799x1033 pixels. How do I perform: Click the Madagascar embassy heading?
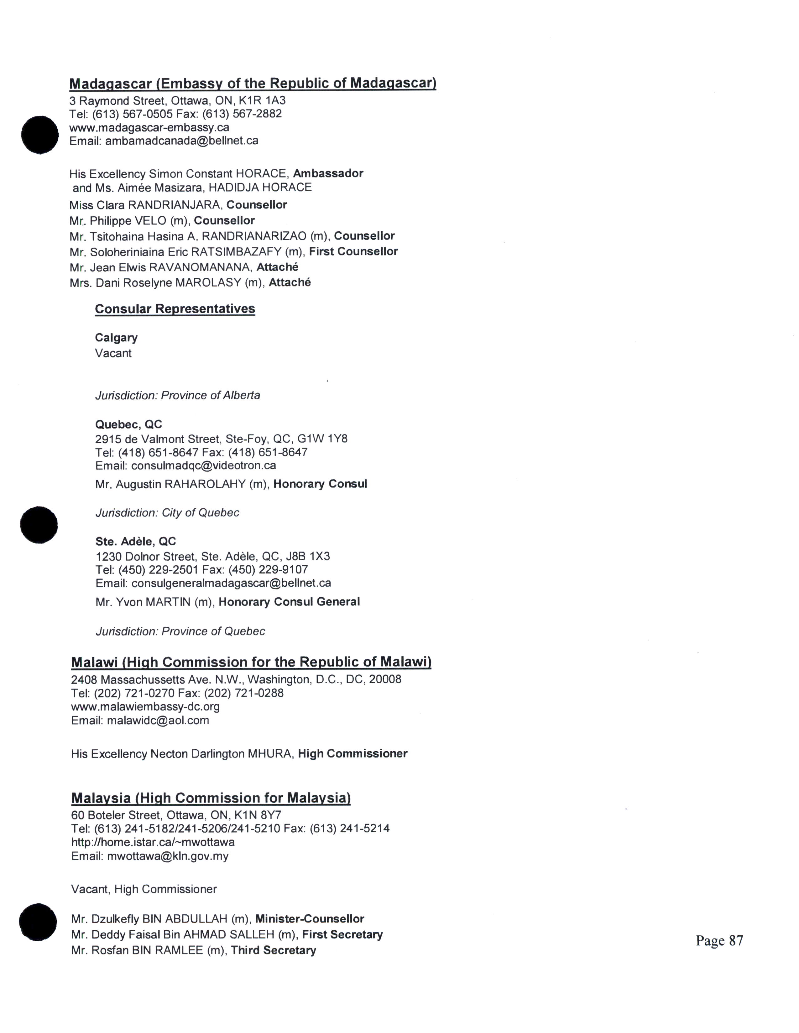[252, 84]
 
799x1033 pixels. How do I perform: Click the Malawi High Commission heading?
[251, 662]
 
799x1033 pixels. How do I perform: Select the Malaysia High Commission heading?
[211, 798]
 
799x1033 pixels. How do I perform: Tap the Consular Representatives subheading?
[175, 309]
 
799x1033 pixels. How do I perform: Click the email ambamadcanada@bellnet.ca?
[182, 141]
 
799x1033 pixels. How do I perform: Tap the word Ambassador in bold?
[328, 174]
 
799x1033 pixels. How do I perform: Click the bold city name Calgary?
[116, 338]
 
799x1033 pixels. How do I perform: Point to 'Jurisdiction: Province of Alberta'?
[177, 395]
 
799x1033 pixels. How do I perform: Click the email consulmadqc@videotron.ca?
[204, 466]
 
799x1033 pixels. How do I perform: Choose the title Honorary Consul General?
[289, 602]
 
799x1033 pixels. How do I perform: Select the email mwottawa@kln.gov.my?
[168, 856]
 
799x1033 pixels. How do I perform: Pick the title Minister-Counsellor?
[310, 919]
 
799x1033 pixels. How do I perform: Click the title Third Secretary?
[273, 950]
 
